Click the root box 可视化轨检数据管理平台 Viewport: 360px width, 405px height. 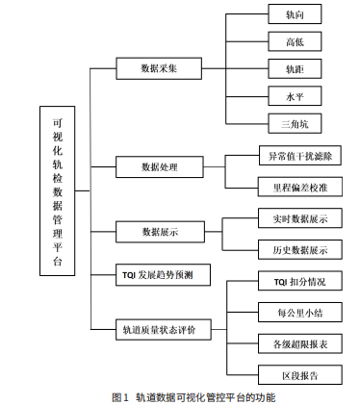(x=60, y=192)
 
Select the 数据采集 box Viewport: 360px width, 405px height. (x=159, y=68)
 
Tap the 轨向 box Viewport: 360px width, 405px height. (x=294, y=16)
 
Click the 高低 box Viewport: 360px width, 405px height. (x=294, y=42)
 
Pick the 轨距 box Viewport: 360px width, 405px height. (x=294, y=69)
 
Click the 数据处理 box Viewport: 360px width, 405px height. (x=159, y=166)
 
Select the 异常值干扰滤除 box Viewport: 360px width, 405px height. (x=299, y=154)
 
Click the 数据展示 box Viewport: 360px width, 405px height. (x=159, y=232)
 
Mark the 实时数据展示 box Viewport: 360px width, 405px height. (x=299, y=219)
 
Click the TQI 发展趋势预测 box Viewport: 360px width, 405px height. (x=159, y=274)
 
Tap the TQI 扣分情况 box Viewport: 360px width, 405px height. (x=299, y=282)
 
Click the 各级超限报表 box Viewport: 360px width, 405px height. (x=299, y=342)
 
